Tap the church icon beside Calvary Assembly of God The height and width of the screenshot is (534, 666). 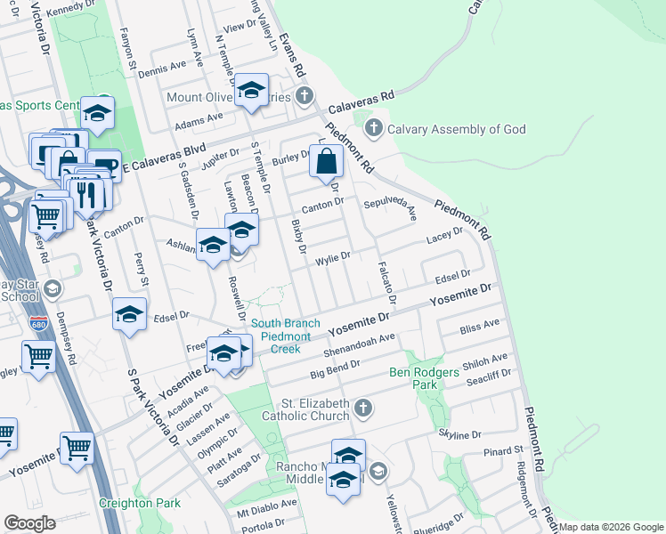coord(374,128)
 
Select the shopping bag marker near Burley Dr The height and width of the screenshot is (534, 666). coord(328,163)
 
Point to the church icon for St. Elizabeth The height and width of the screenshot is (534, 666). coord(361,409)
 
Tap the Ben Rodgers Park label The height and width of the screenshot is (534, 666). coord(415,378)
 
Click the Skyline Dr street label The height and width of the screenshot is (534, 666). coord(459,435)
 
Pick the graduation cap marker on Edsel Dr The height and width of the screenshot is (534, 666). coord(130,315)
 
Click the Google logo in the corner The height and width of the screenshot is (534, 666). coord(29,523)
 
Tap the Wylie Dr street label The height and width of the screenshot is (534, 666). coord(333,259)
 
